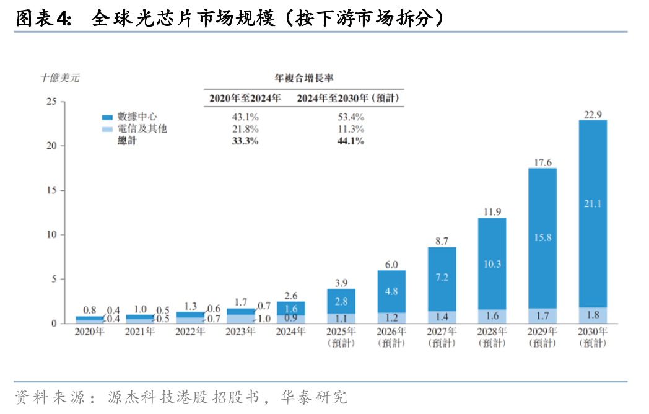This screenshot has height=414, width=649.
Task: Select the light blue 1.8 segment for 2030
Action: point(593,315)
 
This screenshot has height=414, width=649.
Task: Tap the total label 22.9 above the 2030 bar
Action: point(593,114)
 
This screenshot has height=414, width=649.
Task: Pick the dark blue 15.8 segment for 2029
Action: point(542,237)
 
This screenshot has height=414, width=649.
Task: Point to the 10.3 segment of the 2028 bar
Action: point(492,263)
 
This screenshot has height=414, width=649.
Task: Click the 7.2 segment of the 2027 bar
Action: point(442,278)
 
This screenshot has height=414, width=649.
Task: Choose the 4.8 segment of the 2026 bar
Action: point(391,291)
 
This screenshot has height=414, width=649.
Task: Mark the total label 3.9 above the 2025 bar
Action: point(341,283)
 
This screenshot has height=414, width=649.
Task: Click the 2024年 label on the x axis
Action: point(290,332)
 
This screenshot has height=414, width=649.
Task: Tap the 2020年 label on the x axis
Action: point(90,332)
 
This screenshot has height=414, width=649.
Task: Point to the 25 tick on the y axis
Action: point(51,102)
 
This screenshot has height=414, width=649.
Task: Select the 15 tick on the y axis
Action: point(51,190)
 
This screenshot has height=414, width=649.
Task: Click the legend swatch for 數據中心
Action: point(108,117)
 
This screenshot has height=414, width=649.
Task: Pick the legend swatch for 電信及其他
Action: point(108,129)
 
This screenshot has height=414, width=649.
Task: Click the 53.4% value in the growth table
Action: point(350,117)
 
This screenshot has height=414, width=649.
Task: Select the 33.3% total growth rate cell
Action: point(245,141)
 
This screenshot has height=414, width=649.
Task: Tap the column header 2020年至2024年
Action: point(245,98)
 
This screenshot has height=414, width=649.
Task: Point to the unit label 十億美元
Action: point(60,78)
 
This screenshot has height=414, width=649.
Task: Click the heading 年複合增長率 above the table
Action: point(303,78)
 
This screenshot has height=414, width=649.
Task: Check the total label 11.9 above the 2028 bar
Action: point(492,212)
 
